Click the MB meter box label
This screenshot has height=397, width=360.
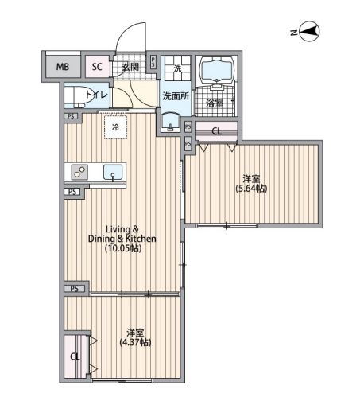[63, 67]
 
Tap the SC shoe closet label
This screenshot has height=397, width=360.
[97, 67]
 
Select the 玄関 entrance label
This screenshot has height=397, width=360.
[130, 67]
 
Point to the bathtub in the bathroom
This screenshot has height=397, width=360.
[217, 68]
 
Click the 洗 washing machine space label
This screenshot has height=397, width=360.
[177, 68]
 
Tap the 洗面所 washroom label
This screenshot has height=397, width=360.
[176, 96]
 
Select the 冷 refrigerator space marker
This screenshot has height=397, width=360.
[115, 127]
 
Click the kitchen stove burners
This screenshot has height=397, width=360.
[79, 172]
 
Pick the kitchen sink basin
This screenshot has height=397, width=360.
[113, 173]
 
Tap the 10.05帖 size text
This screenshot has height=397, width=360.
[123, 249]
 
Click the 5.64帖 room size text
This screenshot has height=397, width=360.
[251, 189]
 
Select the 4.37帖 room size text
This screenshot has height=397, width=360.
[135, 342]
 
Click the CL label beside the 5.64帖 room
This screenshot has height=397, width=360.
[217, 131]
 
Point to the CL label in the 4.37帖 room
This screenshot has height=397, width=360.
[75, 356]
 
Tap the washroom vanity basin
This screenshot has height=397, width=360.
[171, 123]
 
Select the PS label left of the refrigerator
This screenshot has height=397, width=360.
[71, 116]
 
